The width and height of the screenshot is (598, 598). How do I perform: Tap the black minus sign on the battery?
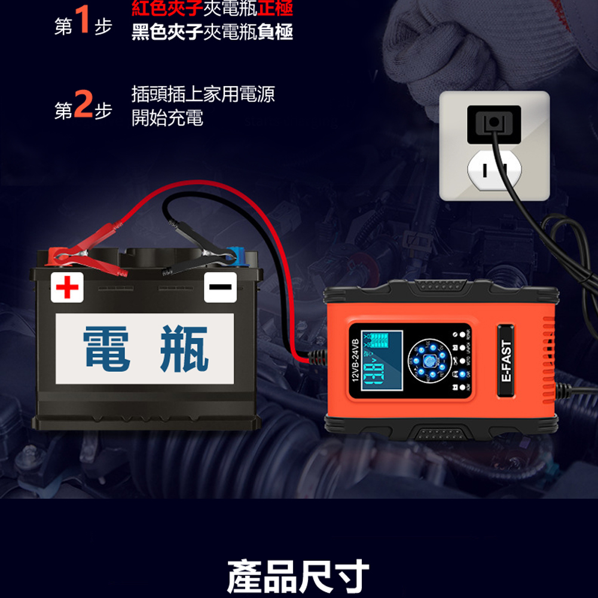pos(220,287)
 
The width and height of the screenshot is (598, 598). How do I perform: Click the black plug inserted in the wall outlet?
pos(493,123)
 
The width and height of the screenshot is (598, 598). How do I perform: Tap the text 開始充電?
pos(167,118)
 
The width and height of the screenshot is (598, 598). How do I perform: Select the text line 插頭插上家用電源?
pos(203,94)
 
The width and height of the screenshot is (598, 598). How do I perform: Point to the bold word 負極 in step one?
pos(276,32)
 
